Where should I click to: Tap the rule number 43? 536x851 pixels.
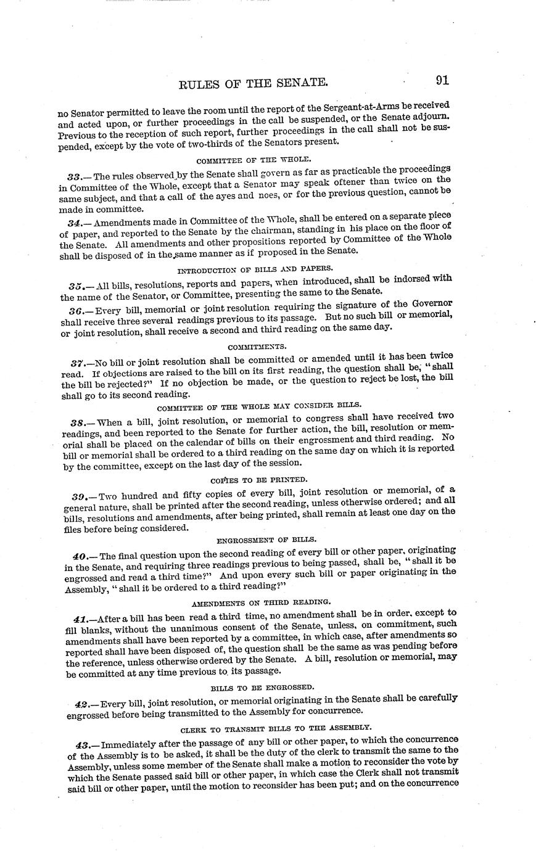[x=78, y=746]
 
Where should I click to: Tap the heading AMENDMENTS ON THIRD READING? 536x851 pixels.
[x=260, y=601]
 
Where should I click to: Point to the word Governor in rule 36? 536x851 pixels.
[x=431, y=303]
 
